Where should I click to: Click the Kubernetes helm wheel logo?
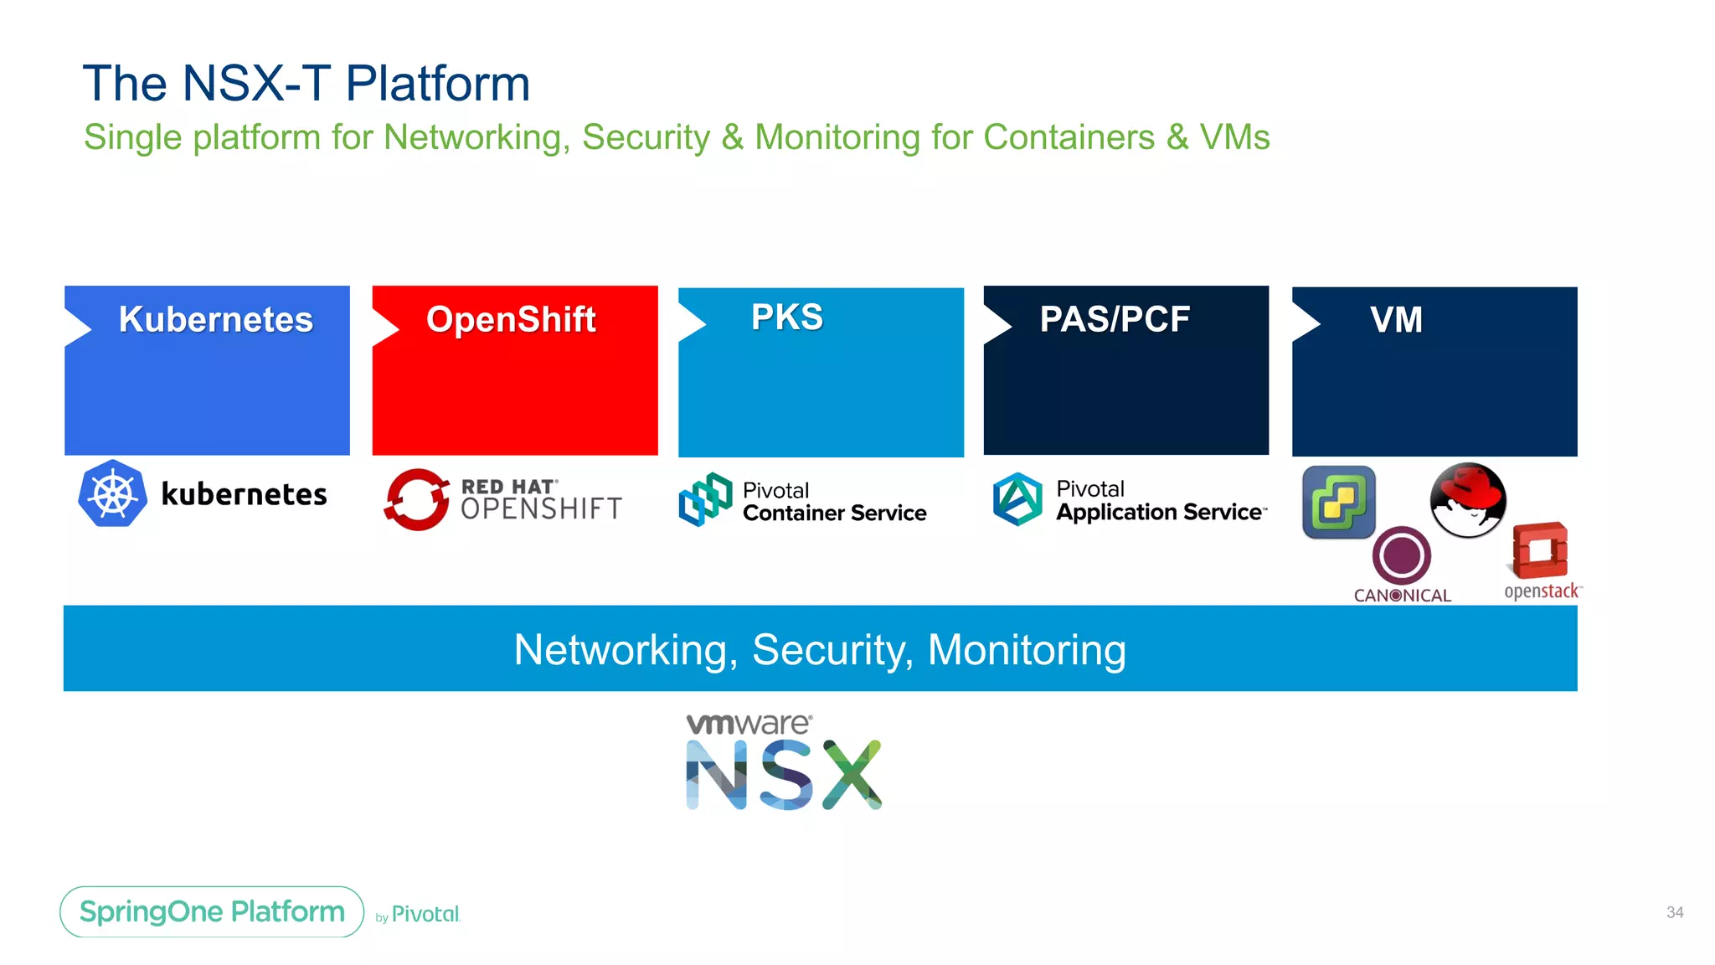coord(113,493)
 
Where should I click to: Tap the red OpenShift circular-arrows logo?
coord(416,499)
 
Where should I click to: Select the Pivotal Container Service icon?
coord(705,499)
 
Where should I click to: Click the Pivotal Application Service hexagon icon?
coord(1017,499)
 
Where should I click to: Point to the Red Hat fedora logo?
coord(1467,500)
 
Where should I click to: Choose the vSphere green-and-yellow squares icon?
coord(1338,502)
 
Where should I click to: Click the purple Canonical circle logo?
coord(1401,555)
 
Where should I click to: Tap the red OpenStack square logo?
coord(1540,550)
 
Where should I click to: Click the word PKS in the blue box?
coord(787,317)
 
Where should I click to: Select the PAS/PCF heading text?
coord(1115,319)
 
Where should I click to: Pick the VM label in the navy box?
coord(1396,320)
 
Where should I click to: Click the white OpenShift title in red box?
coord(511,319)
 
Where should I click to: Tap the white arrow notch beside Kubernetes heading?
coord(76,327)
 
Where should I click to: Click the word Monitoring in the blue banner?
coord(1027,650)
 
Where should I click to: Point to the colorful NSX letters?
coord(784,775)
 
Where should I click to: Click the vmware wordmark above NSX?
coord(748,724)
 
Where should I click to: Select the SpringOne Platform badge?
coord(212,911)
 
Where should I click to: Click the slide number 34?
coord(1674,912)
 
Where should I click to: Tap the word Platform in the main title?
coord(438,84)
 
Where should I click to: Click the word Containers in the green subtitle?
coord(1069,137)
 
